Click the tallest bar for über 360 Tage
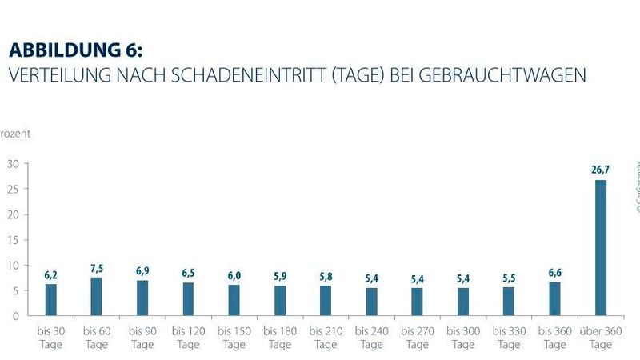pos(600,247)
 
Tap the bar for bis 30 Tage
pos(51,299)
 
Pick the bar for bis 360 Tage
pos(554,298)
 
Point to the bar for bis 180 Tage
pos(280,300)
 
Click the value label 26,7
pos(600,170)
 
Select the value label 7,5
pos(97,268)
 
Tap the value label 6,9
pos(142,271)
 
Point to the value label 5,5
pos(509,278)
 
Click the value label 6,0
pos(234,275)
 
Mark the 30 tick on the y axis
pos(13,163)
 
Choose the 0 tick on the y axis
pos(15,315)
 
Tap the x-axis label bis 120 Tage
pos(189,338)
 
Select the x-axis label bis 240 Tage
pos(371,338)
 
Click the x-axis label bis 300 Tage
pos(463,338)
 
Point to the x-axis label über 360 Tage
pos(600,338)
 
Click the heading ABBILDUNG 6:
pos(75,50)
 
